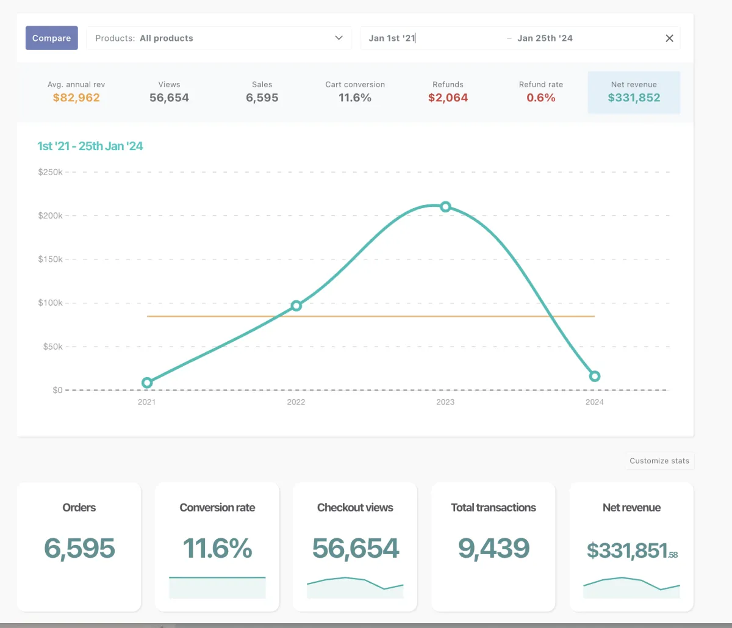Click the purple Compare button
pos(52,38)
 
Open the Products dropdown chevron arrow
pos(339,38)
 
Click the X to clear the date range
pos(669,38)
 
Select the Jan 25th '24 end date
pos(545,38)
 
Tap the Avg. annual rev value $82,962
pos(76,98)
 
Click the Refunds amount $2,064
pos(448,98)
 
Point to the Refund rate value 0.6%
pos(541,98)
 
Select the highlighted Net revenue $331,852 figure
pos(634,98)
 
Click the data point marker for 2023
pos(445,207)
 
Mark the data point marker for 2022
pos(296,306)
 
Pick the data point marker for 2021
pos(147,383)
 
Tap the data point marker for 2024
pos(595,377)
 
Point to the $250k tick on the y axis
pos(50,172)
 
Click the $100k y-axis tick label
pos(50,303)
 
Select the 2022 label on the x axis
pos(296,402)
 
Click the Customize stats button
pos(659,461)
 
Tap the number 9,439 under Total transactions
pos(493,548)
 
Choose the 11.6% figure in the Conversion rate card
pos(217,548)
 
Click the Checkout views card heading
pos(355,508)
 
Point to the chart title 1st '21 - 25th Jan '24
pos(90,146)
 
